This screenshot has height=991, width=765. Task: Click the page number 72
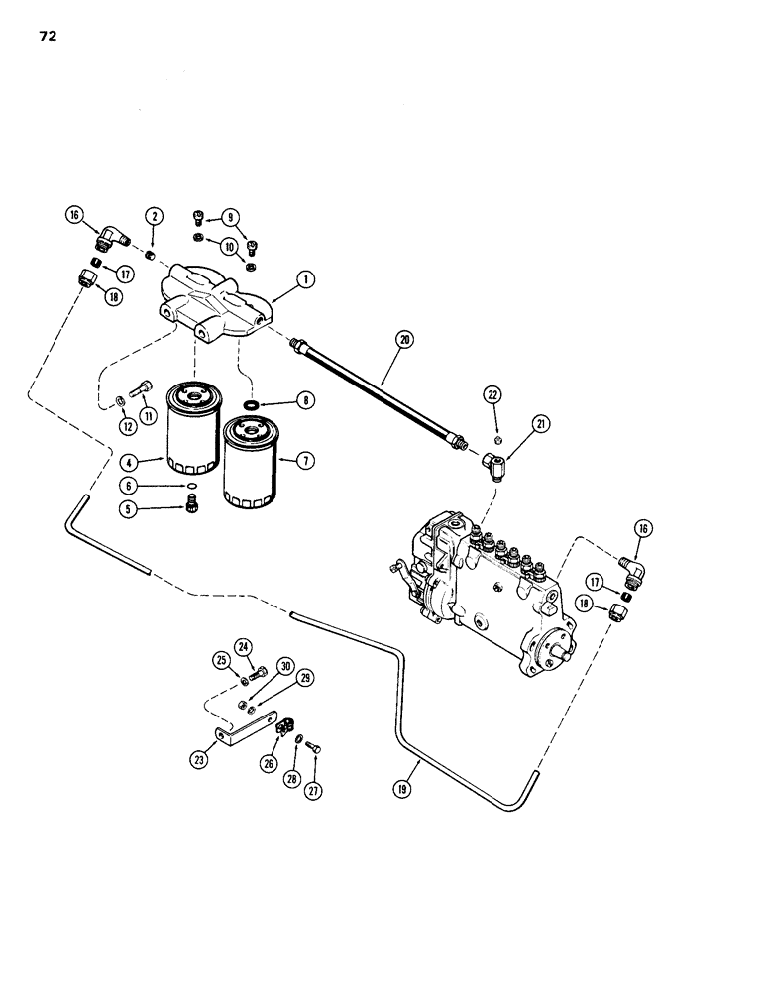click(x=49, y=38)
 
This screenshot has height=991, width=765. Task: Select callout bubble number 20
click(x=403, y=339)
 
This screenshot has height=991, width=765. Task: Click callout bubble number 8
click(x=304, y=400)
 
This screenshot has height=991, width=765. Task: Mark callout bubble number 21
click(x=542, y=424)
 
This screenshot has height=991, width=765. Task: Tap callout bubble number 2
click(x=154, y=215)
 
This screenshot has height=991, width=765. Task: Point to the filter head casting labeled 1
click(x=215, y=299)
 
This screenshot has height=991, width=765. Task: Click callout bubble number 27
click(x=314, y=791)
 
